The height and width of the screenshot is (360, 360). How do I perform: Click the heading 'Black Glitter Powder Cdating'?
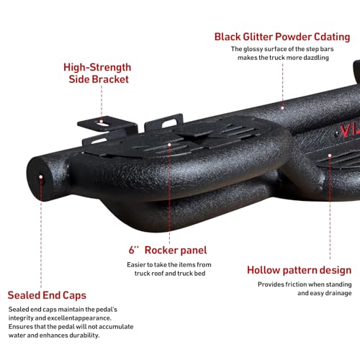[x=282, y=37]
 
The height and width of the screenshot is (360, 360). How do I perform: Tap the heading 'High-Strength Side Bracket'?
[x=97, y=73]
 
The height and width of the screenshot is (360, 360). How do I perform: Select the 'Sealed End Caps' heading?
[x=47, y=295]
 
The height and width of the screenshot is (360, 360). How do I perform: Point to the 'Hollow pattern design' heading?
[x=300, y=271]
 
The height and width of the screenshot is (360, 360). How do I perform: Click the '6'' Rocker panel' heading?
[x=168, y=250]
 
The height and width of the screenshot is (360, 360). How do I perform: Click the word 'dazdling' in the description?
[x=316, y=58]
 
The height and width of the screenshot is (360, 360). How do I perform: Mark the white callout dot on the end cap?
[x=41, y=177]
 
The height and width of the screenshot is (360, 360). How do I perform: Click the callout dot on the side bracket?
[x=102, y=122]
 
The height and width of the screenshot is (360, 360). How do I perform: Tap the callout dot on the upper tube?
[x=282, y=108]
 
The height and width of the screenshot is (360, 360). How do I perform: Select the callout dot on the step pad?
[x=169, y=145]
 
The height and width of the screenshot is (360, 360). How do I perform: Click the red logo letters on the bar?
[x=348, y=131]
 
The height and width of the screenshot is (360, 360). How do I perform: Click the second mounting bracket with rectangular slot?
[x=164, y=122]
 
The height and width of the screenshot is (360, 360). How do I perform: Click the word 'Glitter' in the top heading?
[x=258, y=37]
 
